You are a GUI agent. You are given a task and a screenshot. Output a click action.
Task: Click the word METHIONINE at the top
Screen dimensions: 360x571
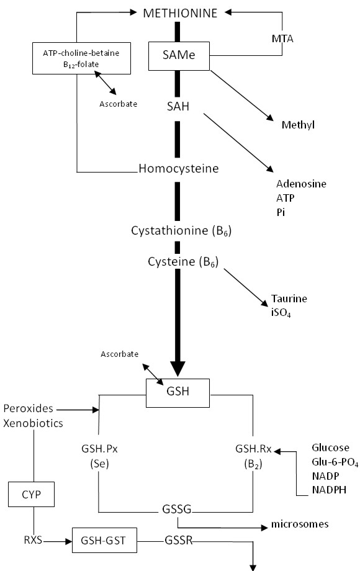tap(180, 13)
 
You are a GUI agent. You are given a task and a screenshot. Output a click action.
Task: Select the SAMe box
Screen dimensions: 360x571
tap(179, 56)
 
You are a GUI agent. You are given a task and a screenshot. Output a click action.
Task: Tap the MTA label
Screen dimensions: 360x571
tap(282, 38)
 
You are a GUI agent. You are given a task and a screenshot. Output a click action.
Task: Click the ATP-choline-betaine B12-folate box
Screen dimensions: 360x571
tap(81, 58)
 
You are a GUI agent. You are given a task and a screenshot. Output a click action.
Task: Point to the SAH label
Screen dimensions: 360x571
tap(178, 106)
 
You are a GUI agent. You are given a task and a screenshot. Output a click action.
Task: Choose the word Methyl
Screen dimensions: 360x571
tap(298, 125)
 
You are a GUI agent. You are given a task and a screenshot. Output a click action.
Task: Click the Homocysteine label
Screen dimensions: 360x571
tap(179, 168)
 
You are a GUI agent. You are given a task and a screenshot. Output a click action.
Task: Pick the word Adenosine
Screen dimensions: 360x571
tap(301, 184)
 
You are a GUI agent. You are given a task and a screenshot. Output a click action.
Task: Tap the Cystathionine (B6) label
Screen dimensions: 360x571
tap(181, 231)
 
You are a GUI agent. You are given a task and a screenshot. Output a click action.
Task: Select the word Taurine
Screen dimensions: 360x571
tap(289, 299)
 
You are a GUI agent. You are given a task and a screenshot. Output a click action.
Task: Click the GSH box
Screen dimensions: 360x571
tap(178, 393)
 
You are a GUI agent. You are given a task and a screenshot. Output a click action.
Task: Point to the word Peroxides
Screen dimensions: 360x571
tap(29, 408)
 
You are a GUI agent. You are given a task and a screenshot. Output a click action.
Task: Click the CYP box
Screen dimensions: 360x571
tap(31, 495)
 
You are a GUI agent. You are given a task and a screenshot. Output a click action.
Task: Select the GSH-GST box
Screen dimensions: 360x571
tap(104, 540)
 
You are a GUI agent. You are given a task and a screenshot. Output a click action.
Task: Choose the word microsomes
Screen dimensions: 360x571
tap(300, 524)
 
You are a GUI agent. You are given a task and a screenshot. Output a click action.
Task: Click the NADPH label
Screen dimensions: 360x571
tap(329, 490)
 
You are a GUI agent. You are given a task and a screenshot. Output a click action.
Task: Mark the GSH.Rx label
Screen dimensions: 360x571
tap(253, 449)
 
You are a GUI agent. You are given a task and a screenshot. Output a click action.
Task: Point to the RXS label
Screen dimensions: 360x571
tap(33, 540)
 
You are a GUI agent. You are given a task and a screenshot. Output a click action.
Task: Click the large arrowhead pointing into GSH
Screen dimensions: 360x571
tap(178, 369)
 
